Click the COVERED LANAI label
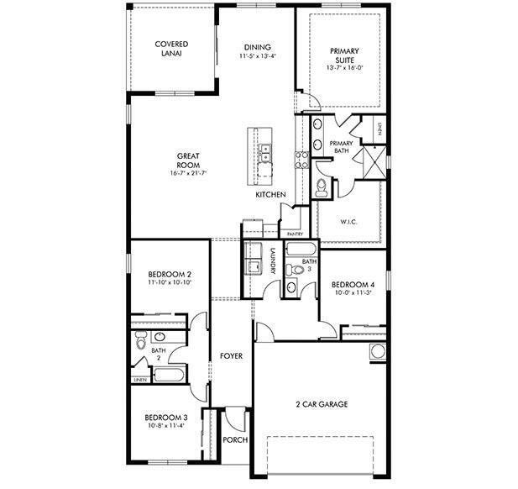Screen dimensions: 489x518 [x=170, y=49]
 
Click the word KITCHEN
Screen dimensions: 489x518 [x=271, y=195]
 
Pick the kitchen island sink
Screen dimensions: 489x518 [x=264, y=153]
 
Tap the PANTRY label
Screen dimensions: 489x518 [x=294, y=234]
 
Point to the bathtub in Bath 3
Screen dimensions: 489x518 [x=301, y=250]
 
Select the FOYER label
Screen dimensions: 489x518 [x=231, y=356]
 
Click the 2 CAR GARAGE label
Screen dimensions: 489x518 [x=321, y=404]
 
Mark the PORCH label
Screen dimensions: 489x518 [x=233, y=439]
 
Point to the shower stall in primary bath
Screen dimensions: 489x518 [x=374, y=157]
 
